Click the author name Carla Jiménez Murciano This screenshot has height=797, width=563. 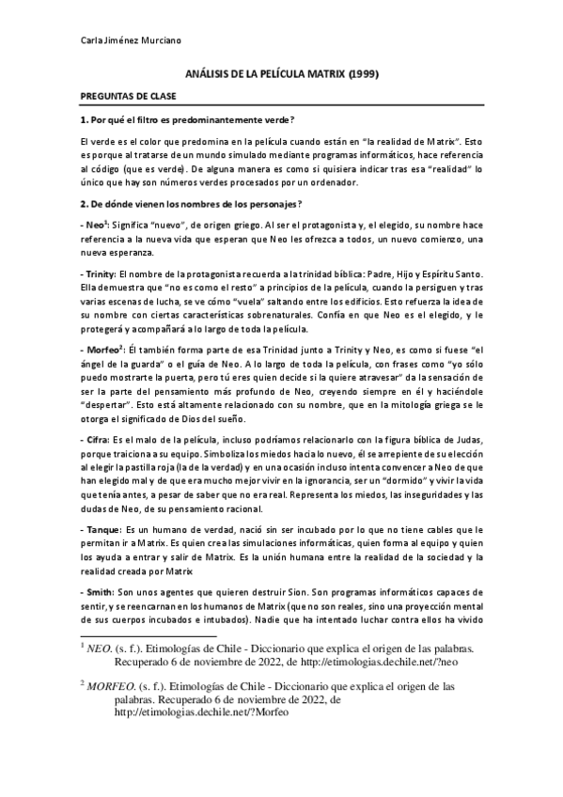point(117,41)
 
